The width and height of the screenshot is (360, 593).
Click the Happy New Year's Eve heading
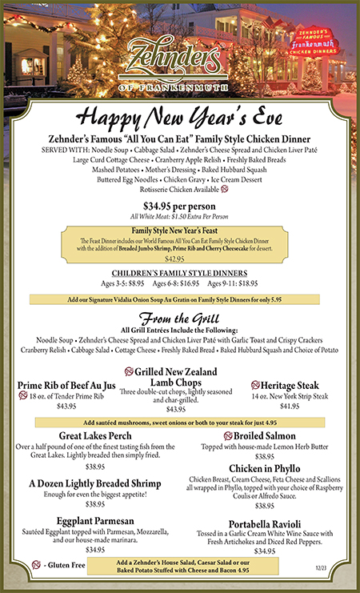point(179,114)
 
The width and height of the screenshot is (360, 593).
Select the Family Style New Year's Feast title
point(179,230)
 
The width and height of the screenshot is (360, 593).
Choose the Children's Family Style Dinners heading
point(179,274)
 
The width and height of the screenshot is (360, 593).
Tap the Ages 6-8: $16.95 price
point(179,284)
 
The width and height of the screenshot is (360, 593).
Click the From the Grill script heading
point(179,319)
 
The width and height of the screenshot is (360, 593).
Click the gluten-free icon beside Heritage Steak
point(255,385)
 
